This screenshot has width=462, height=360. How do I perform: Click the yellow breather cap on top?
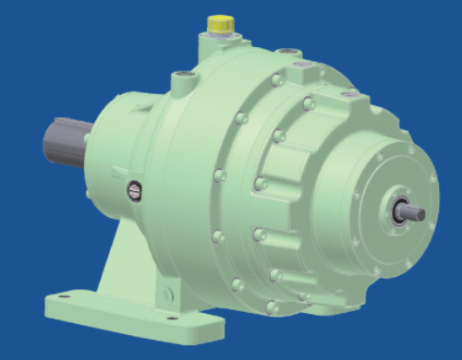pyautogui.click(x=220, y=20)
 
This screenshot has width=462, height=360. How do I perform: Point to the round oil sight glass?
pyautogui.click(x=133, y=189)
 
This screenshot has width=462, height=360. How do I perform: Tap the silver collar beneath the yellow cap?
pyautogui.click(x=220, y=32)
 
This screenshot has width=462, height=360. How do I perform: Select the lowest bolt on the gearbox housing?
pyautogui.click(x=270, y=306)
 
